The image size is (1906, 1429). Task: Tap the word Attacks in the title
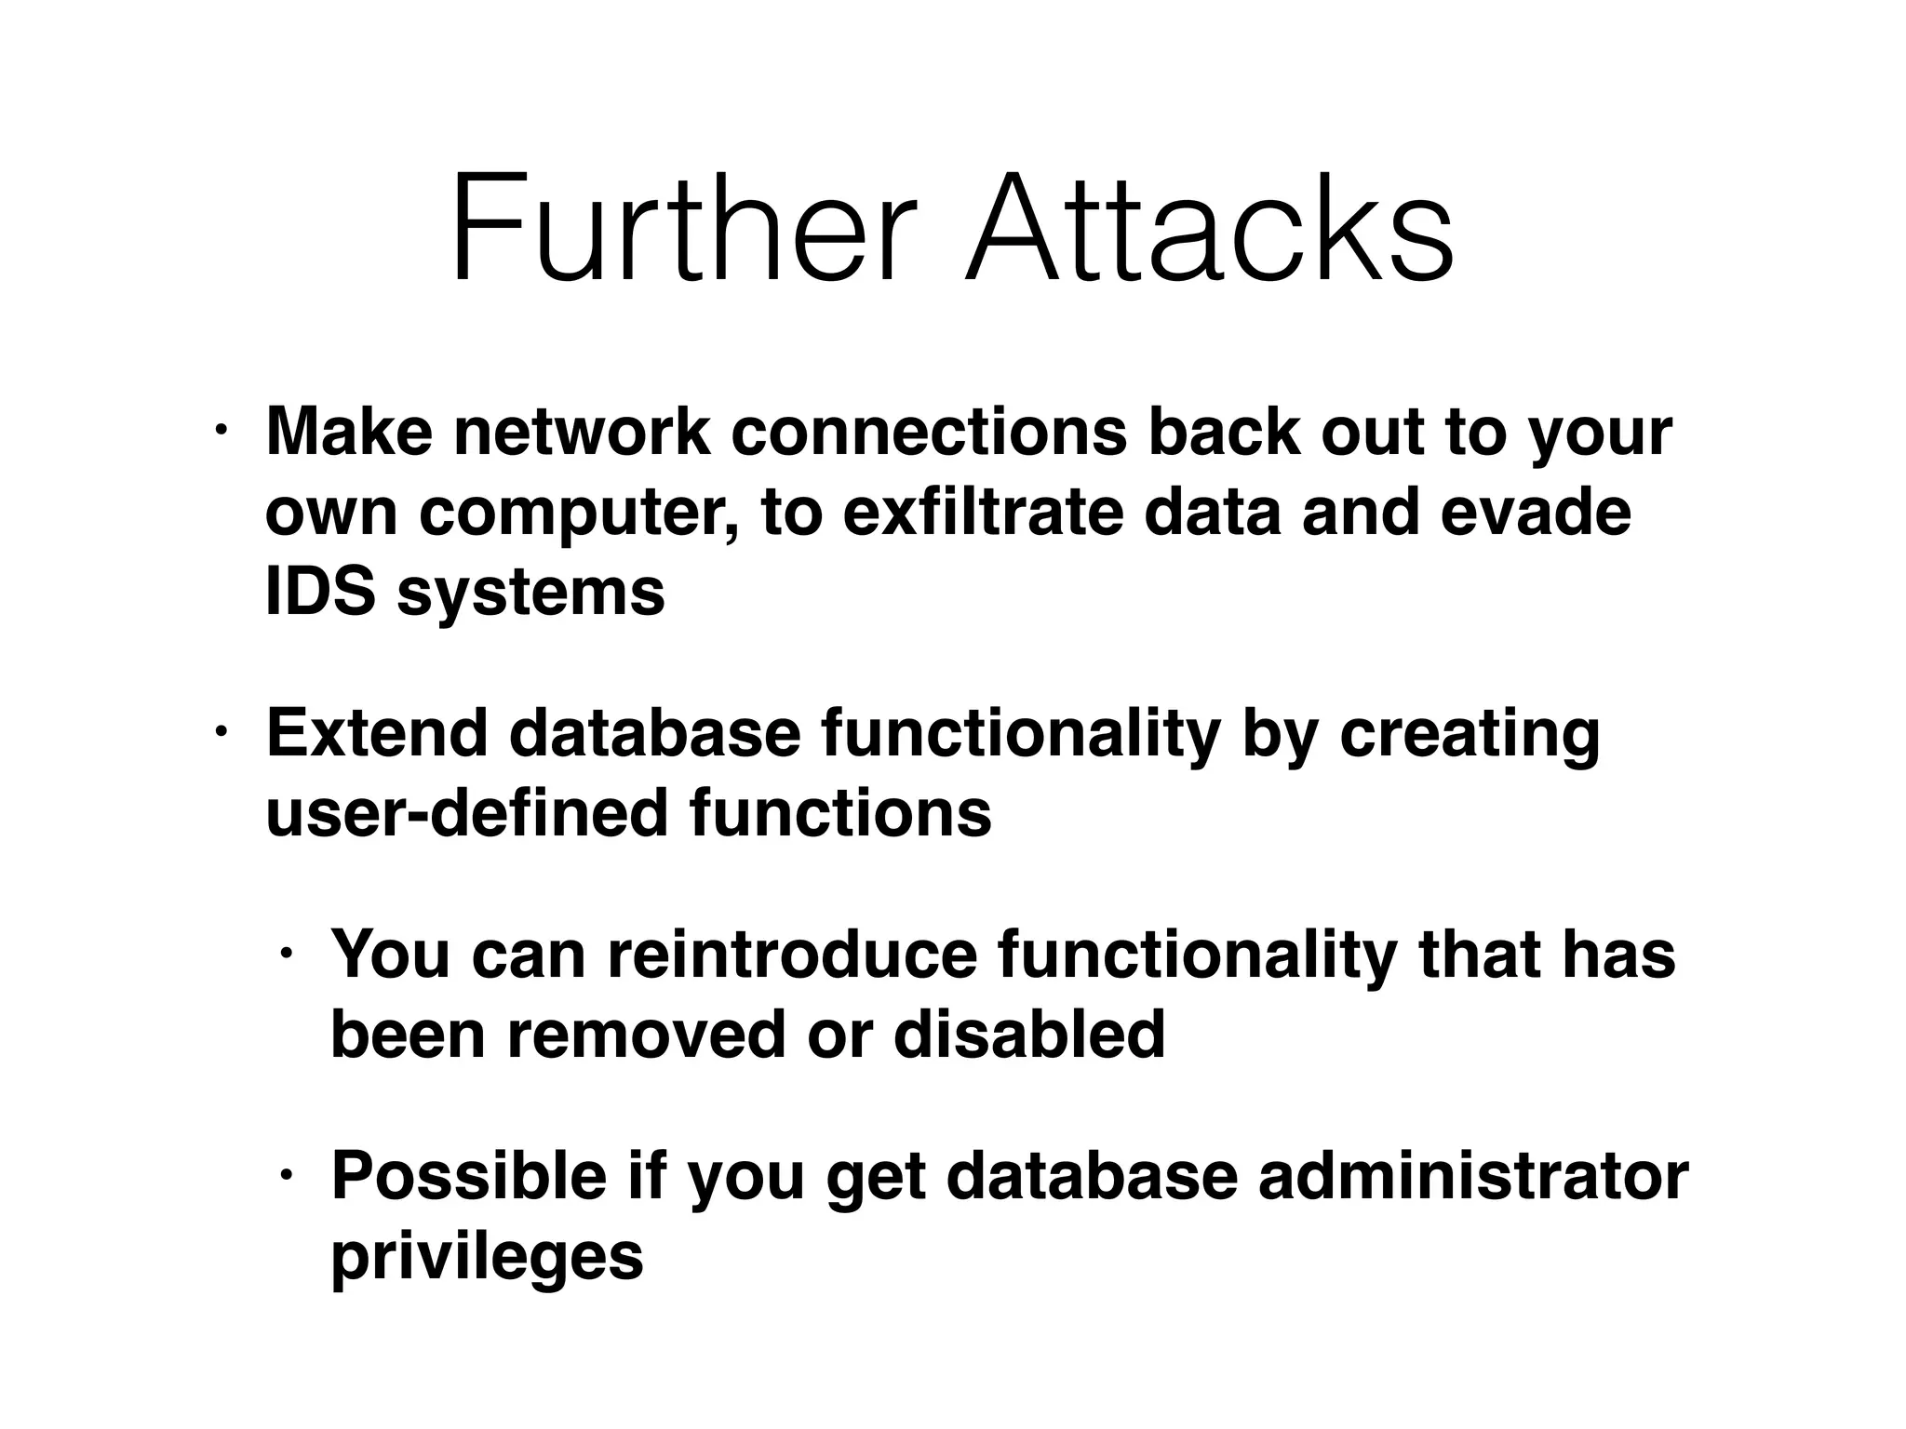(x=1209, y=228)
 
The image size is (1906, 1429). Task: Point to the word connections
(x=929, y=432)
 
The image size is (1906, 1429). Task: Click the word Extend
(x=377, y=732)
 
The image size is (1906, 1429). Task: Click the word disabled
(x=1029, y=1034)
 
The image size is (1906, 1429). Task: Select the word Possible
(x=469, y=1176)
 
